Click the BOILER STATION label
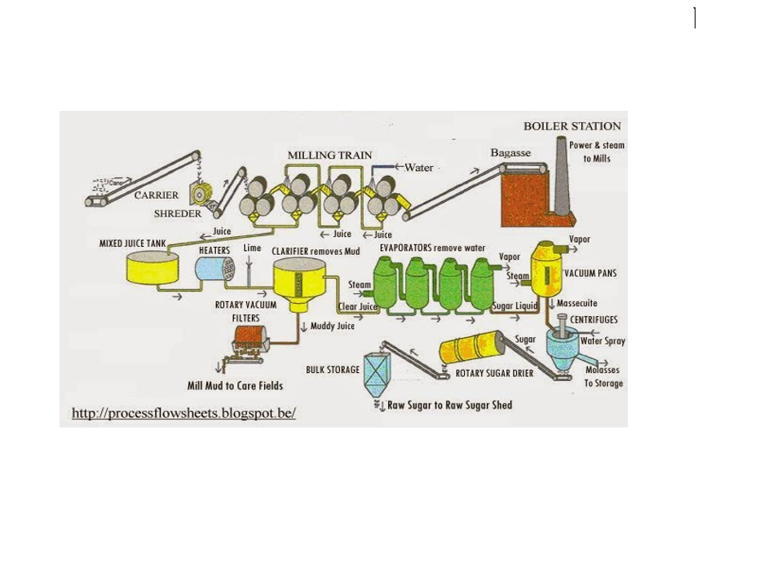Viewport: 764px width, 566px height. click(x=572, y=126)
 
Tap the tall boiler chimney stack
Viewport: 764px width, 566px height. click(x=561, y=175)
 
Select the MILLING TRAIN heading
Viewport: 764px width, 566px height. click(x=329, y=156)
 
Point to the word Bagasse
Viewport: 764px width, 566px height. click(x=510, y=153)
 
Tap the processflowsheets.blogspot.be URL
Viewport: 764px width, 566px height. click(x=183, y=413)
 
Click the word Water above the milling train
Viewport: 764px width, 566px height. click(x=419, y=168)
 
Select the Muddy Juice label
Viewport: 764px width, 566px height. click(x=333, y=327)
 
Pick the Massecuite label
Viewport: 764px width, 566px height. click(x=576, y=304)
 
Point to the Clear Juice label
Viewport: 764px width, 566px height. click(x=358, y=307)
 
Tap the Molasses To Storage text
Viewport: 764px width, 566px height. click(x=603, y=376)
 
